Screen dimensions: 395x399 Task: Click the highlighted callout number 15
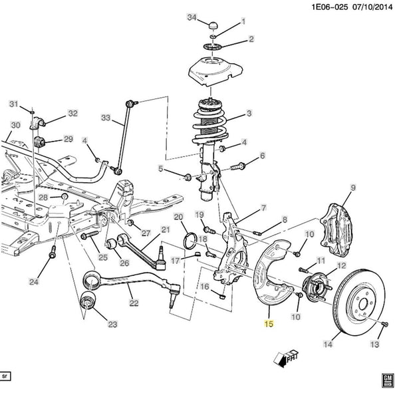tap(269, 324)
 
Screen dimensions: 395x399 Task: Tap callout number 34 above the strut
tap(192, 17)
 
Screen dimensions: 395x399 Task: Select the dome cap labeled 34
tap(213, 26)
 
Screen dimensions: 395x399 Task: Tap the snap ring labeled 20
tap(190, 241)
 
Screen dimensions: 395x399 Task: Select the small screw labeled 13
tap(385, 324)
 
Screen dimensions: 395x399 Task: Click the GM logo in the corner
tap(388, 380)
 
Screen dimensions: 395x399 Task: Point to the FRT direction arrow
tap(285, 358)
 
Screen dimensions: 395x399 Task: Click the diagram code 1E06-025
tap(330, 7)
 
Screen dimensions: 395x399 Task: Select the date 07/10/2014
tap(372, 7)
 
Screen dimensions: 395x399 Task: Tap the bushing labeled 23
tap(88, 301)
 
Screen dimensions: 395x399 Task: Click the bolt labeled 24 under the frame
tap(53, 252)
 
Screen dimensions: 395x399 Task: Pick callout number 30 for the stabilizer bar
tap(15, 125)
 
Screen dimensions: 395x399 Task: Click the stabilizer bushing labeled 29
tap(39, 142)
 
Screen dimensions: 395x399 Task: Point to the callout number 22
tap(134, 303)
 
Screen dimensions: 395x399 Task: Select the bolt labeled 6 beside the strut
tap(237, 167)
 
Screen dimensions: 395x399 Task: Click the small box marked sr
tap(5, 376)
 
